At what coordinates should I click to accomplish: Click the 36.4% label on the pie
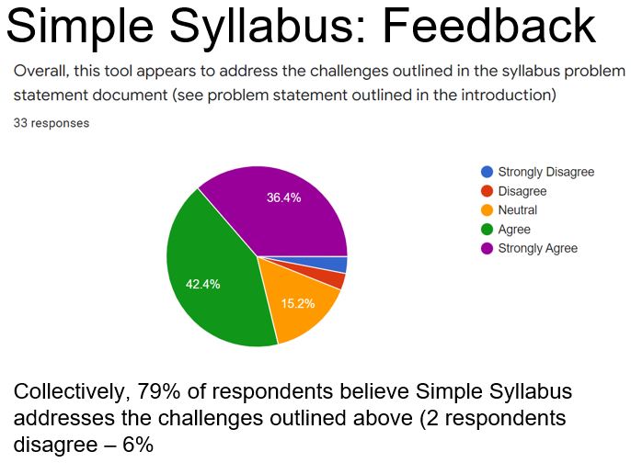point(283,197)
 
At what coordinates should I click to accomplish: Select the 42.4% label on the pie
point(202,284)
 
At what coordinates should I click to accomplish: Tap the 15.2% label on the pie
point(298,303)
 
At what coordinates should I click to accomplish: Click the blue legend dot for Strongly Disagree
point(487,172)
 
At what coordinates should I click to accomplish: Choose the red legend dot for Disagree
point(487,191)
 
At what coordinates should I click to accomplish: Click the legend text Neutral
point(518,209)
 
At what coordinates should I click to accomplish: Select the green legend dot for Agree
point(487,229)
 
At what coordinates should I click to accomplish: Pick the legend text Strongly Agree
point(537,248)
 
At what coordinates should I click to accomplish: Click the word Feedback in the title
point(488,26)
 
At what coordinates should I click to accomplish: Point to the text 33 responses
point(52,123)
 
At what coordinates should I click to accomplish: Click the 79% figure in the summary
point(158,391)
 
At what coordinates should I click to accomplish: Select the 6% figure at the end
point(138,445)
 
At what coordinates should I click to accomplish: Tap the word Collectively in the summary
point(70,392)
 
